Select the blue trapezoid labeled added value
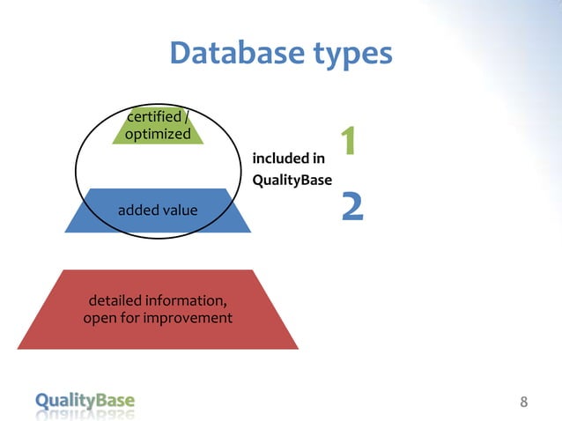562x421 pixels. (x=159, y=210)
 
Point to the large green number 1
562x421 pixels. (x=349, y=142)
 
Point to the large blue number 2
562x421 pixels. (x=352, y=206)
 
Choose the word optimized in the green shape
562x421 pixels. (x=159, y=135)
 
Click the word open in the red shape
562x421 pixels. (x=100, y=318)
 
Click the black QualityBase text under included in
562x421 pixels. (x=292, y=181)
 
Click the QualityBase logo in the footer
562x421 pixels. (x=85, y=402)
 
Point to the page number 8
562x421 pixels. (x=524, y=403)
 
